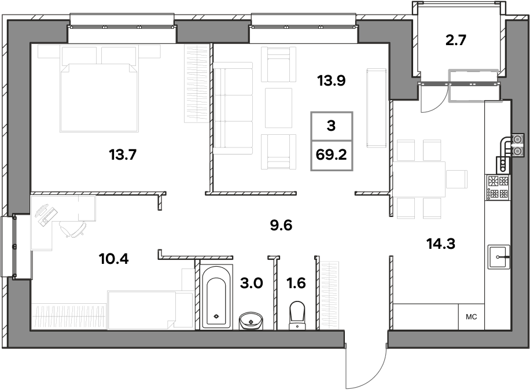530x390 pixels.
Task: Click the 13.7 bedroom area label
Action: pyautogui.click(x=123, y=155)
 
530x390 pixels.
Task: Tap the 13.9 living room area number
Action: pyautogui.click(x=331, y=81)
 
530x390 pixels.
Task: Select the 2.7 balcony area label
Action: pyautogui.click(x=456, y=41)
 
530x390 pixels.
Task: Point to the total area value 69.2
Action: pyautogui.click(x=331, y=155)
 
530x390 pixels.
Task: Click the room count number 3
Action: pyautogui.click(x=331, y=126)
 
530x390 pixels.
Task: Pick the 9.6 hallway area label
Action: pyautogui.click(x=281, y=225)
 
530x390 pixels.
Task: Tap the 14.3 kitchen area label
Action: pyautogui.click(x=441, y=244)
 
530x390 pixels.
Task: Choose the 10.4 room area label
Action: pyautogui.click(x=114, y=259)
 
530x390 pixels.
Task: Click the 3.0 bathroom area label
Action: pyautogui.click(x=252, y=283)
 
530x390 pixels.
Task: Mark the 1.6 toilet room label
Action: pyautogui.click(x=296, y=283)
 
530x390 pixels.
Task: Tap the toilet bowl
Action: pyautogui.click(x=297, y=315)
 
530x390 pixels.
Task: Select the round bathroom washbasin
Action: pyautogui.click(x=251, y=321)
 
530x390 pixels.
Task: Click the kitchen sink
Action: pyautogui.click(x=499, y=257)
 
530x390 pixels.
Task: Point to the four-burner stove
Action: pyautogui.click(x=497, y=187)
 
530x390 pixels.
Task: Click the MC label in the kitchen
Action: pyautogui.click(x=471, y=317)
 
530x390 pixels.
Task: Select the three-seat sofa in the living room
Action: pyautogui.click(x=233, y=108)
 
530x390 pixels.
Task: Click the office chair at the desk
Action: pyautogui.click(x=72, y=229)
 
